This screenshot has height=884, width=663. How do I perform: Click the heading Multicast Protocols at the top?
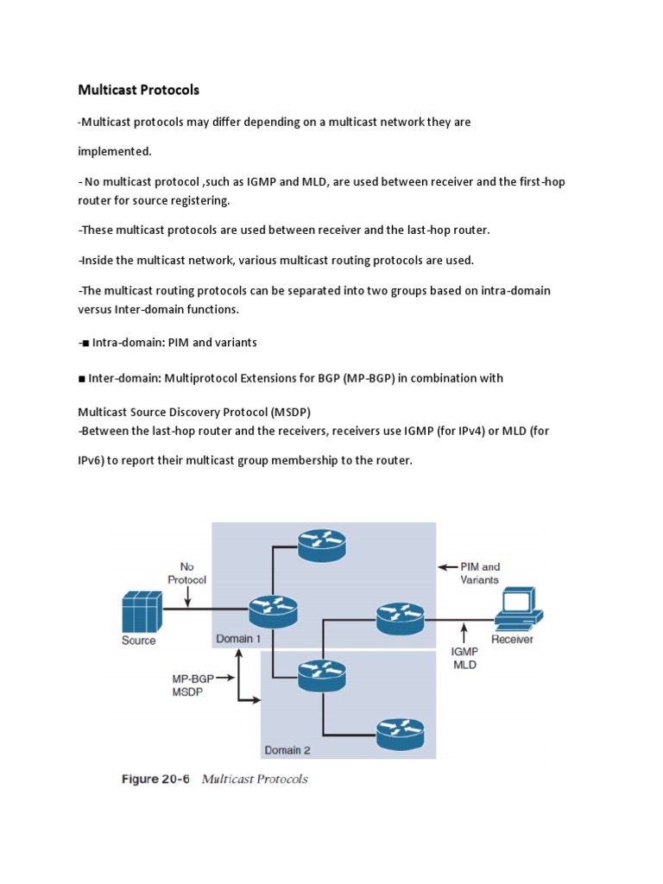click(x=139, y=90)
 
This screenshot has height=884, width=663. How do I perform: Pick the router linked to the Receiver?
click(x=401, y=617)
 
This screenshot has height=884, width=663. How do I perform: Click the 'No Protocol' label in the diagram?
click(x=186, y=573)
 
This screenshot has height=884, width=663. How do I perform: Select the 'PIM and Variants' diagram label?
click(x=480, y=573)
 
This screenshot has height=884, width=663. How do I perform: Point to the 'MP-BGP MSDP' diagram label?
click(x=192, y=685)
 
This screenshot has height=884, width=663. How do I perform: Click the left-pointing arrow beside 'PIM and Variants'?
click(x=447, y=567)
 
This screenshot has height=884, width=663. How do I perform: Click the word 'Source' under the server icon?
click(x=139, y=641)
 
